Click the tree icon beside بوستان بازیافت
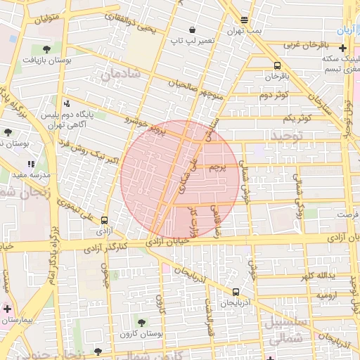click(x=46, y=49)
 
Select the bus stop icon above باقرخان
click(x=278, y=65)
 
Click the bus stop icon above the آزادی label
click(x=104, y=219)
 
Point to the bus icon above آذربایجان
click(x=236, y=292)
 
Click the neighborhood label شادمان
click(x=120, y=74)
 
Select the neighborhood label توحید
click(x=287, y=134)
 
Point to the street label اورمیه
click(x=327, y=296)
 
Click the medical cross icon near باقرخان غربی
click(x=342, y=49)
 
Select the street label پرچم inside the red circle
click(x=217, y=168)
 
